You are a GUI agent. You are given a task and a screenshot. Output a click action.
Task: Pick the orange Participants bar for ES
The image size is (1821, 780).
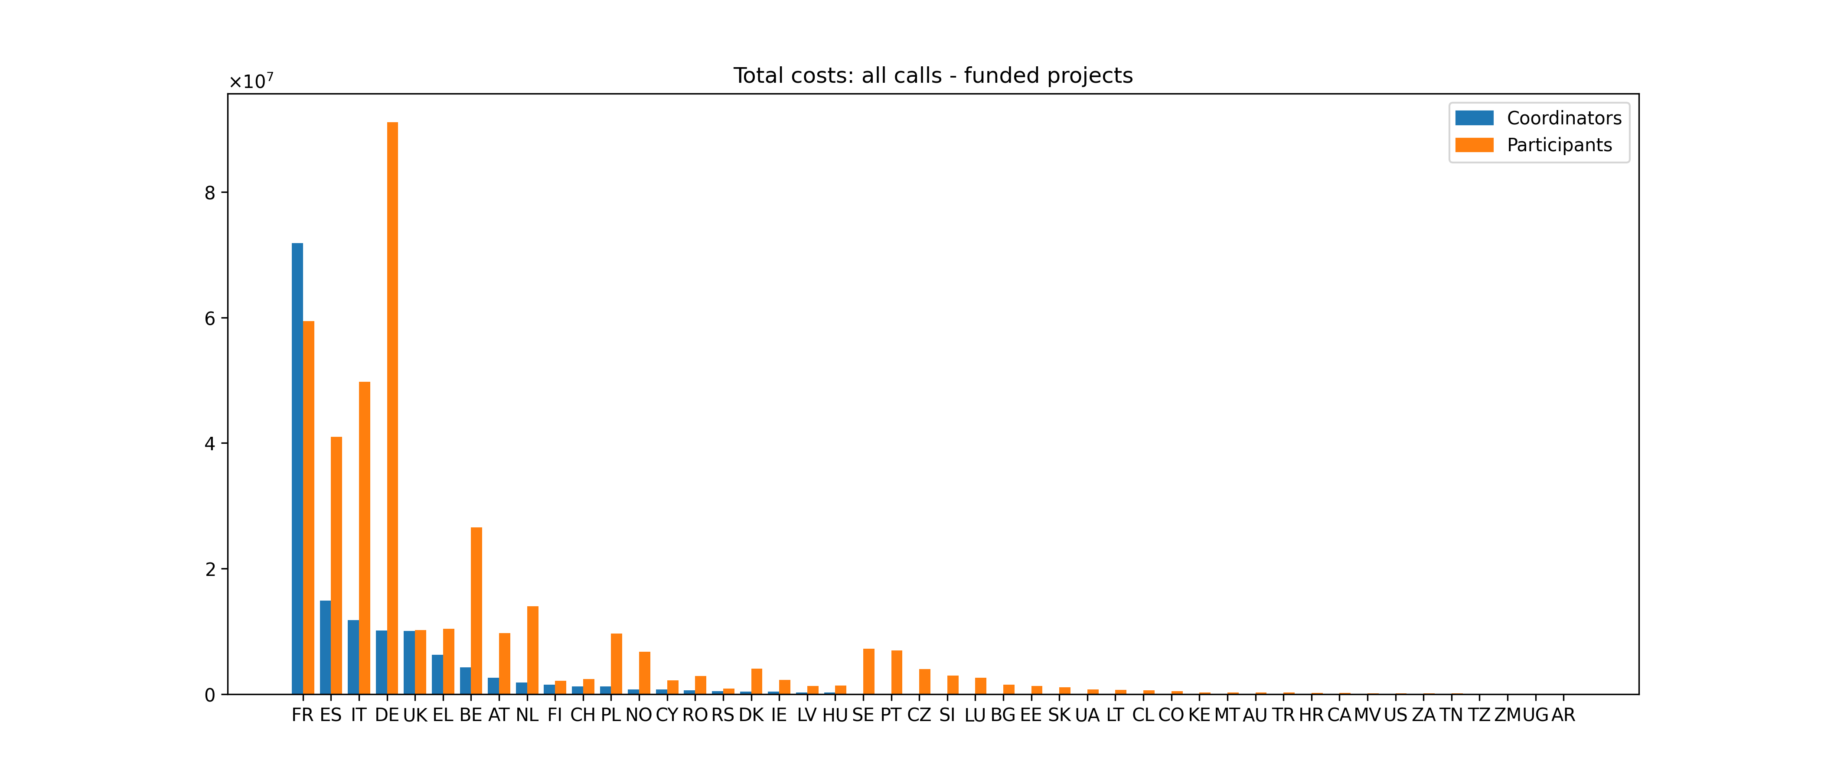[x=336, y=565]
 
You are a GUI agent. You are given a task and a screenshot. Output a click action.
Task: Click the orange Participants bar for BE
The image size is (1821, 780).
[x=476, y=611]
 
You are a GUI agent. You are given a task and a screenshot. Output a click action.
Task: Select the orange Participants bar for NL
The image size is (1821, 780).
[x=532, y=650]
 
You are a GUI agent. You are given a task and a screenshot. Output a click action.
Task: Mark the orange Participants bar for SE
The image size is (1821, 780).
[x=869, y=671]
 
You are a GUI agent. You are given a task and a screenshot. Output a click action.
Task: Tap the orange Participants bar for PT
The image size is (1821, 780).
[x=896, y=672]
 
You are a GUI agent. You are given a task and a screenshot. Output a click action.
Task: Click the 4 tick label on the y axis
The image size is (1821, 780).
[x=210, y=444]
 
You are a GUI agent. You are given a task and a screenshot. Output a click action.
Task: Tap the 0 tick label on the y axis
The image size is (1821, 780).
[x=210, y=695]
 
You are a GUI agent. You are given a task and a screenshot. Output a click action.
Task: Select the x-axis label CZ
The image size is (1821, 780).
[x=919, y=715]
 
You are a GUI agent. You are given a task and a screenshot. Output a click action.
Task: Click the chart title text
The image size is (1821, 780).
[x=933, y=75]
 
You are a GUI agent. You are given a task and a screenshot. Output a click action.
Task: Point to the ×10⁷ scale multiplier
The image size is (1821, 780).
[x=251, y=82]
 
